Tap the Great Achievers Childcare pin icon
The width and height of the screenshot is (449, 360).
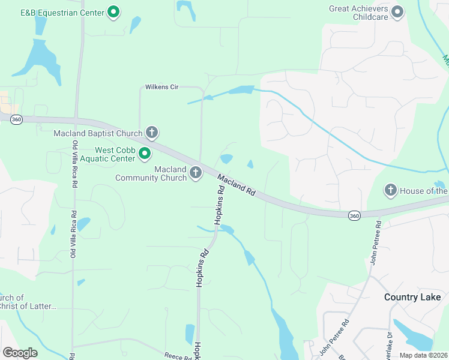[397, 11]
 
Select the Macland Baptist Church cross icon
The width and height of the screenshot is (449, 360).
[152, 133]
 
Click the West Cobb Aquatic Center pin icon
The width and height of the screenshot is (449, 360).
[144, 154]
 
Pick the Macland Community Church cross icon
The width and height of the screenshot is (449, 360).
[195, 173]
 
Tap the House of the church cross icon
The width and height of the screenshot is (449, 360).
[390, 191]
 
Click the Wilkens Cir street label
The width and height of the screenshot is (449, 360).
[162, 87]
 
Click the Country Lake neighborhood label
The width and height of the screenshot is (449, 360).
[412, 297]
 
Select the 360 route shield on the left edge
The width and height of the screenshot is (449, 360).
[16, 119]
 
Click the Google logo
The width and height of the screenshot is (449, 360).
[20, 353]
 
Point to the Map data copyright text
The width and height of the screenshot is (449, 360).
[424, 355]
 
